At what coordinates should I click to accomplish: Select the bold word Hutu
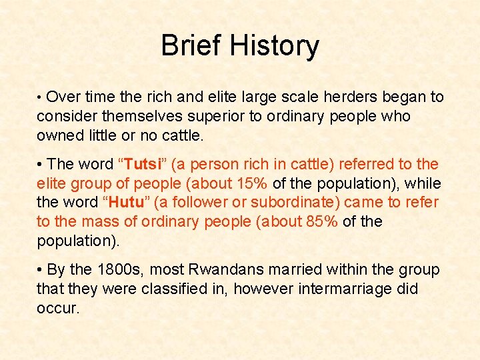click(128, 202)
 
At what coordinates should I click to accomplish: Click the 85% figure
click(322, 221)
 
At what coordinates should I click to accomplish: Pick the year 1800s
click(121, 270)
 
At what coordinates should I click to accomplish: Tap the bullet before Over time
click(40, 97)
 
